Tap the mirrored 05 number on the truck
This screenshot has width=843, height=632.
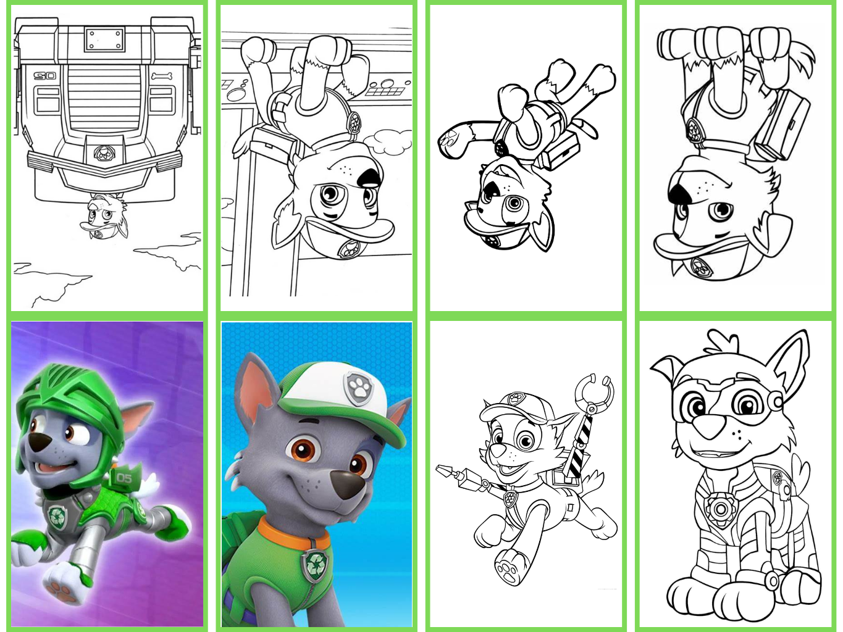45,76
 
